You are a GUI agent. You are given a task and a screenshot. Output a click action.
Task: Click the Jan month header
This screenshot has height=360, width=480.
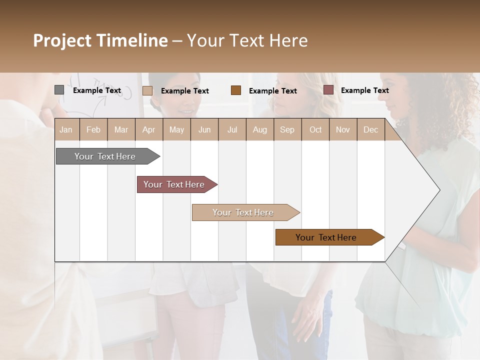(x=66, y=129)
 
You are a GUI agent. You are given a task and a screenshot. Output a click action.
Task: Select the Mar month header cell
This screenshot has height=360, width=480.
(x=121, y=129)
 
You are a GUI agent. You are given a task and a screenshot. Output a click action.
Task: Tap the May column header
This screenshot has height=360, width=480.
(x=176, y=129)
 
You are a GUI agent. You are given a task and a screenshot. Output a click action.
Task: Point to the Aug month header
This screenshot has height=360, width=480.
(x=259, y=129)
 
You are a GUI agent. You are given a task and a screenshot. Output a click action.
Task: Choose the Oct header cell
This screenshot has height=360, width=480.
(x=315, y=129)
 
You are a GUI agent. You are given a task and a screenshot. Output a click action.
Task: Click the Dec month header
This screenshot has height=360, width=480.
(x=370, y=129)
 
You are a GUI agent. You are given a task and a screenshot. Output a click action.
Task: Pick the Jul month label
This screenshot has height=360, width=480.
(x=232, y=129)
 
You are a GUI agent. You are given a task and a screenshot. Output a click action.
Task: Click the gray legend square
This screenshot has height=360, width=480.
(x=59, y=90)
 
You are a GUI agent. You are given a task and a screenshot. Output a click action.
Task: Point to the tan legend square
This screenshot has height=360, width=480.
(x=147, y=90)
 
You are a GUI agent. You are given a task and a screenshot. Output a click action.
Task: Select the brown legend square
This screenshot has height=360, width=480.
(x=236, y=90)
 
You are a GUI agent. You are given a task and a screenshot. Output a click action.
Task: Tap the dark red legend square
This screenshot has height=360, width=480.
(x=328, y=90)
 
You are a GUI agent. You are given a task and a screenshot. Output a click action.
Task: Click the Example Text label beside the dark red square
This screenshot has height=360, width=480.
(x=364, y=90)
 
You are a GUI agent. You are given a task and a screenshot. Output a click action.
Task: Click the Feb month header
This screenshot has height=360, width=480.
(x=93, y=129)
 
